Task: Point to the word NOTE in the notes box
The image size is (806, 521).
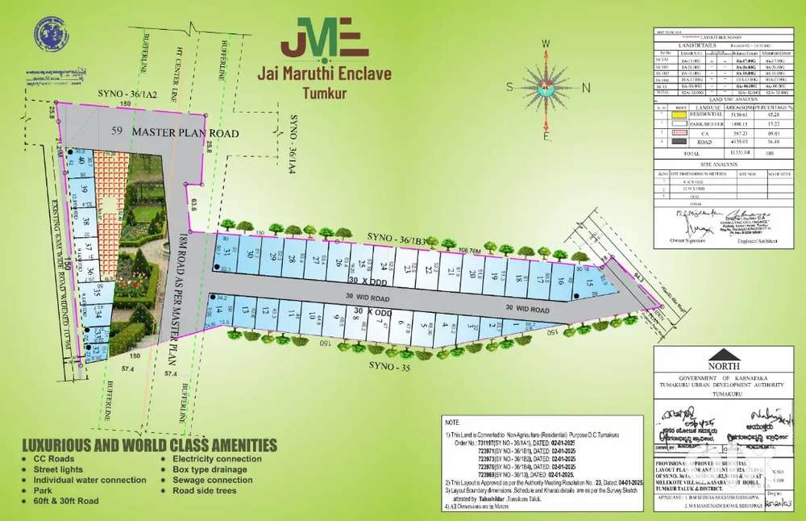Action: click(452, 421)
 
